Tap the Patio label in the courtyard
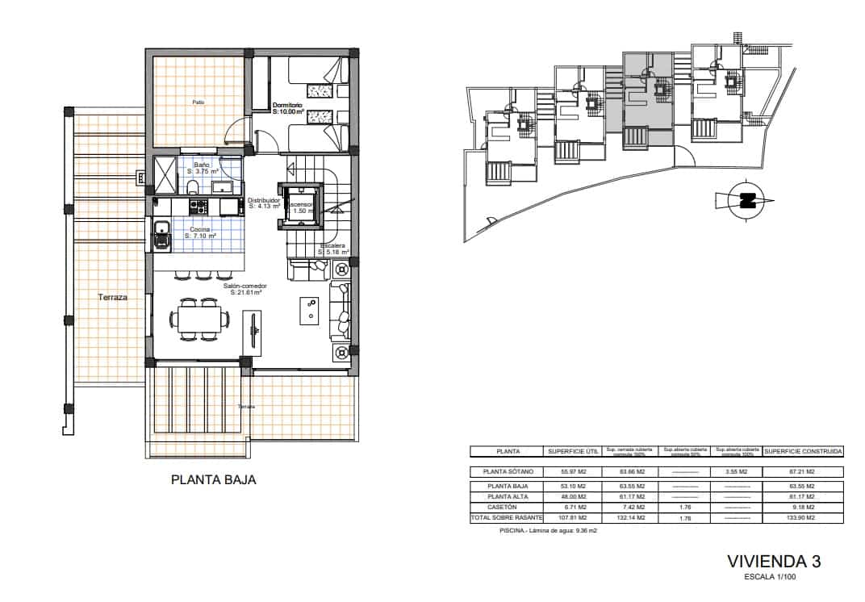198,102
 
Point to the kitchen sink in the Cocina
161,234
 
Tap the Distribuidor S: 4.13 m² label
264,203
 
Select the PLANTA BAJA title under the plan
214,479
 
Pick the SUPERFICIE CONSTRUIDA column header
803,451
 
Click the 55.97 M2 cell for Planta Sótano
568,471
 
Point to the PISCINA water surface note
547,530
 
